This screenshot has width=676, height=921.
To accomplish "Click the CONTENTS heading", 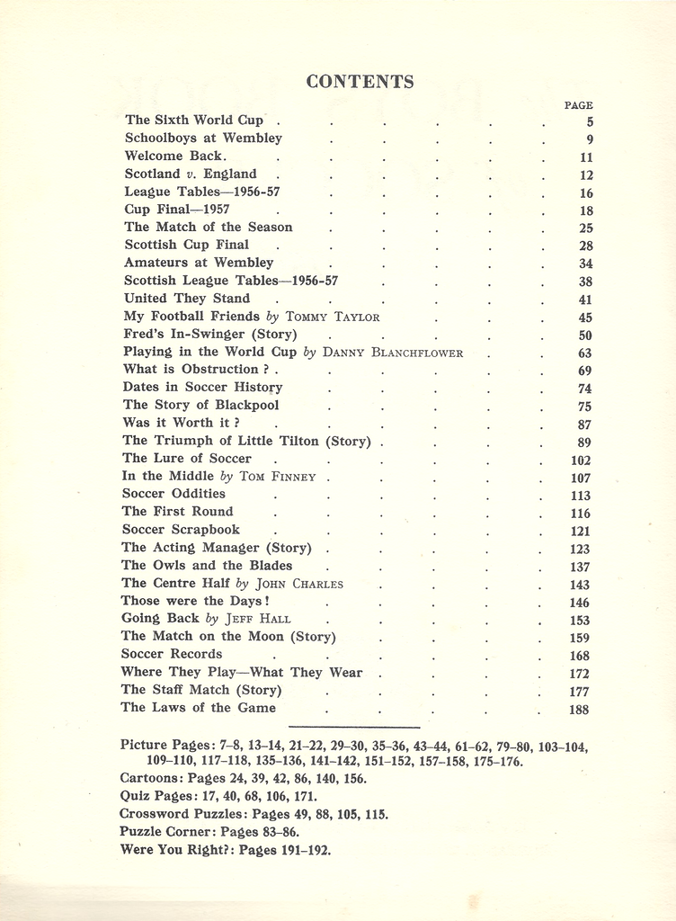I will point(360,82).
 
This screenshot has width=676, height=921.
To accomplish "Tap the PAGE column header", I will point(578,105).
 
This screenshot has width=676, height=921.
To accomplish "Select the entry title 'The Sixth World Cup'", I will point(194,120).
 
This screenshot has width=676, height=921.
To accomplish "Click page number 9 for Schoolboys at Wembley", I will point(589,139).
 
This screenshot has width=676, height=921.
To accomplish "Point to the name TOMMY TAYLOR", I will point(333,317).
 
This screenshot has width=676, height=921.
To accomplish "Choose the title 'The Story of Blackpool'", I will point(189,405).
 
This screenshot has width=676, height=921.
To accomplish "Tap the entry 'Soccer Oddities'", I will point(173,494).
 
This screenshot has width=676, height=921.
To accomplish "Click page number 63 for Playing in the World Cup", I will point(584,353).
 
